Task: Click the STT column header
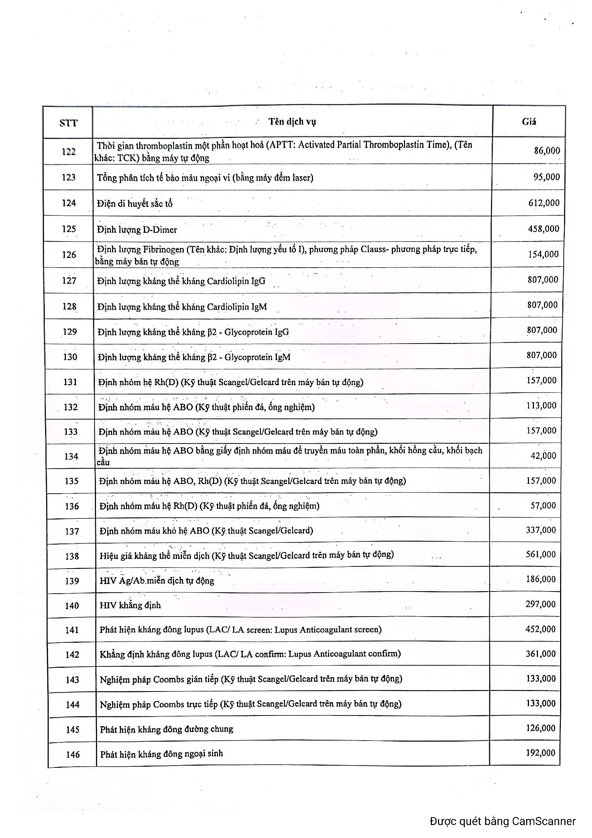[x=68, y=123]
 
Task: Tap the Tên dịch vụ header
[x=292, y=121]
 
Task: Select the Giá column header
[x=529, y=121]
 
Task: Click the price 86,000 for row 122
[x=547, y=150]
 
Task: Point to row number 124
[x=69, y=203]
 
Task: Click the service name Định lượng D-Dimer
[x=137, y=230]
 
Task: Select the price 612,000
[x=544, y=203]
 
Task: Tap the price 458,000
[x=544, y=229]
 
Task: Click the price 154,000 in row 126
[x=543, y=254]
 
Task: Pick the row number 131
[x=70, y=382]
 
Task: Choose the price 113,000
[x=541, y=406]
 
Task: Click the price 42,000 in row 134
[x=543, y=455]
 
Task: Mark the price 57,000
[x=543, y=506]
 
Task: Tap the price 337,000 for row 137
[x=540, y=530]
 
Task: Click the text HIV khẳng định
[x=130, y=605]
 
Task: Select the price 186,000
[x=540, y=579]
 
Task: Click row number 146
[x=73, y=754]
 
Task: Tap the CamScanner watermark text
[x=502, y=821]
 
